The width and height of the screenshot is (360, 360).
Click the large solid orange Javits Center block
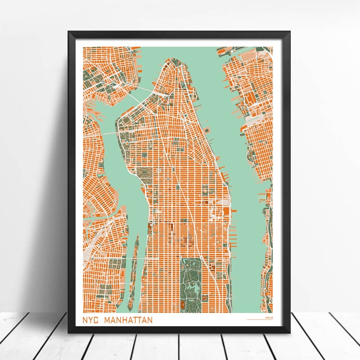[x=224, y=211]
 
